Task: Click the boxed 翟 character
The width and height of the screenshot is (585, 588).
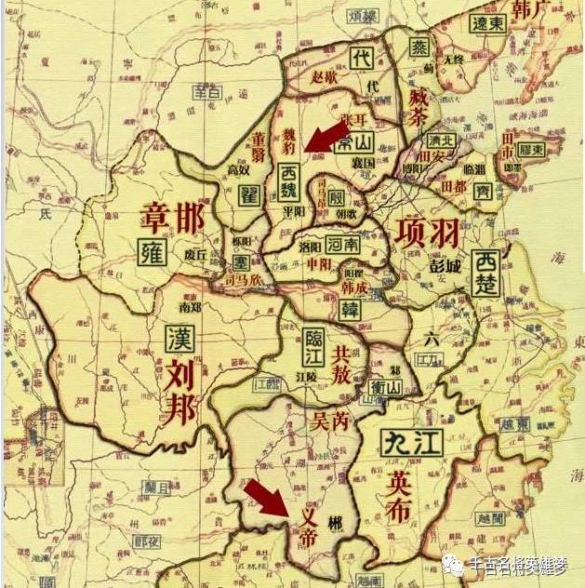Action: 247,194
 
